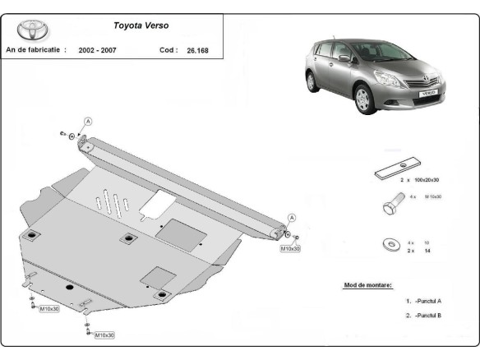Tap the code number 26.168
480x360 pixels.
click(198, 50)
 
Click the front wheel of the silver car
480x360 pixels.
click(363, 104)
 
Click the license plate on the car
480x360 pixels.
click(429, 95)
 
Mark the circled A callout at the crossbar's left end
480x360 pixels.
click(87, 121)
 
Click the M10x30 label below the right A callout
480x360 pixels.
click(290, 247)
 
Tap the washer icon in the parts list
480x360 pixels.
click(389, 246)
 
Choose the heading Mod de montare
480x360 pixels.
click(367, 285)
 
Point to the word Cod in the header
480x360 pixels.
click(168, 50)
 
